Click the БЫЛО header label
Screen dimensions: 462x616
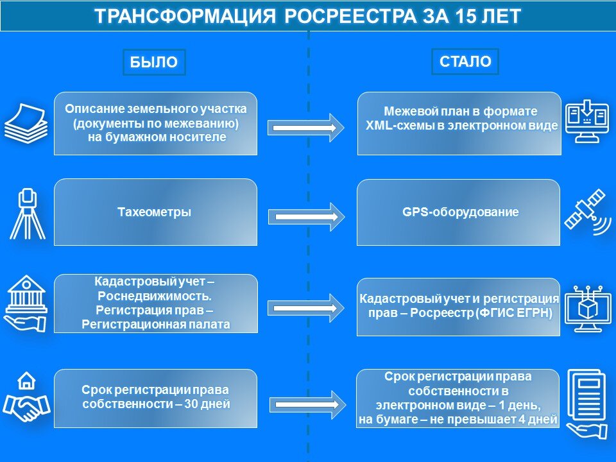click(x=153, y=62)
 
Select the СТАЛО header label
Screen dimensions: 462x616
click(x=465, y=62)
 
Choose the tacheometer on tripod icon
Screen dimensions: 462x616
click(x=27, y=213)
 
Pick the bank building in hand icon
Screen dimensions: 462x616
click(x=26, y=303)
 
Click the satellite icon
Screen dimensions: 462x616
click(x=588, y=212)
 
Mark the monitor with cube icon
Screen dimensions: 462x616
click(x=588, y=308)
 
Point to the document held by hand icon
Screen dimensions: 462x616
click(x=588, y=402)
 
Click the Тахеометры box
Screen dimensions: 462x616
click(x=155, y=212)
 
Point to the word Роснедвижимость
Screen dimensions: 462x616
click(x=155, y=296)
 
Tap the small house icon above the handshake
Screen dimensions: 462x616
click(x=26, y=381)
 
